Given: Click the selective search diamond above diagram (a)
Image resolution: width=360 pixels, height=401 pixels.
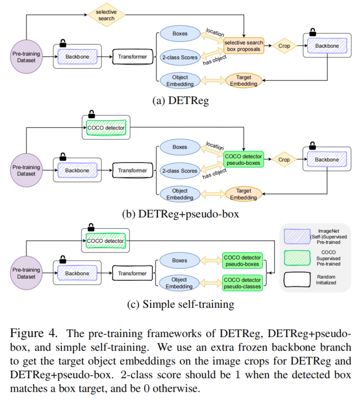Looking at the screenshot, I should click(x=106, y=15).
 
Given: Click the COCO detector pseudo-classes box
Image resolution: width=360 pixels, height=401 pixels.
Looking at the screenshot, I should click(x=242, y=282).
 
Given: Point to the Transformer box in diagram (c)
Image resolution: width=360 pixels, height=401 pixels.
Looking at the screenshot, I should click(x=131, y=274).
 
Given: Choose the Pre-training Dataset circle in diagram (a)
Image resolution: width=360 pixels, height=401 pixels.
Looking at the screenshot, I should click(x=26, y=56).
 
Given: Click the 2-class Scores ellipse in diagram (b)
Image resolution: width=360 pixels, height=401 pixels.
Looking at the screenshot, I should click(x=180, y=171).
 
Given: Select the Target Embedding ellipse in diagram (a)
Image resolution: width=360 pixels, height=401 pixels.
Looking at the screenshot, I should click(x=243, y=80).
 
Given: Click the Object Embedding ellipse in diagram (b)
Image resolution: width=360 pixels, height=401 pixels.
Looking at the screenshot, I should click(x=180, y=194).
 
